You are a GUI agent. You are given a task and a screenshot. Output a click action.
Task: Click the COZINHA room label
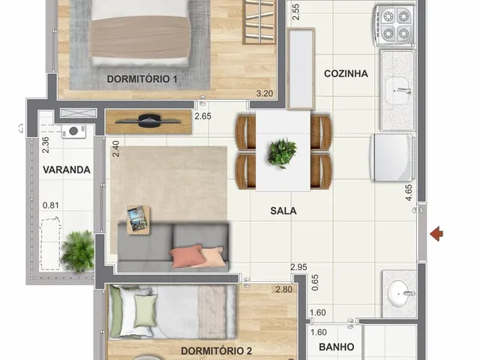(346, 73)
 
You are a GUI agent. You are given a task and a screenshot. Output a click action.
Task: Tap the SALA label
(283, 211)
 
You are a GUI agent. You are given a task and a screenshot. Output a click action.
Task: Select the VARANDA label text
(67, 169)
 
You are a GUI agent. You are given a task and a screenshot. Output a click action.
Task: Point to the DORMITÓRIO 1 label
(142, 79)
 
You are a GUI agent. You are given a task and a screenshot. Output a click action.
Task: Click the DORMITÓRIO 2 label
(216, 351)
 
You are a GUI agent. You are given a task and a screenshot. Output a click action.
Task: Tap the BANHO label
(337, 346)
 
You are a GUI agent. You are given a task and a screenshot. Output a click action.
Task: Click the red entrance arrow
(436, 234)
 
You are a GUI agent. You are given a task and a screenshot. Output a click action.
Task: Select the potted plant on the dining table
(282, 153)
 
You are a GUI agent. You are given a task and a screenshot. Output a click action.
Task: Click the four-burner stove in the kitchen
(395, 25)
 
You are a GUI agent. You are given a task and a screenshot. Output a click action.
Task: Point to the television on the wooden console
(148, 121)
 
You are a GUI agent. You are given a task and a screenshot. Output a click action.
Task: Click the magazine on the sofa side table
(137, 219)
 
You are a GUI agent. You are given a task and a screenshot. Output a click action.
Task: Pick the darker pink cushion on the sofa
(187, 256)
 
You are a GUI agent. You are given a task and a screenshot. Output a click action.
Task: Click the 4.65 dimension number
(408, 193)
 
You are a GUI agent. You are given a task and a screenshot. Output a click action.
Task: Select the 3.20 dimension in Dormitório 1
(264, 93)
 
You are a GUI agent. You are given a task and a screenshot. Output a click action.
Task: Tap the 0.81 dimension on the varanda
(50, 205)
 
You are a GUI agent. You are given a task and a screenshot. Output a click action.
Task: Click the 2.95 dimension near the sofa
(298, 267)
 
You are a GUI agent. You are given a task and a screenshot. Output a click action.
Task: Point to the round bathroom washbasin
(398, 294)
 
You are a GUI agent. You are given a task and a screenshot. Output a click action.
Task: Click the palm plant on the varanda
(78, 251)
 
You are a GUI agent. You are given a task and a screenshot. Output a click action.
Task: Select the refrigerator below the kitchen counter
(392, 157)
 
